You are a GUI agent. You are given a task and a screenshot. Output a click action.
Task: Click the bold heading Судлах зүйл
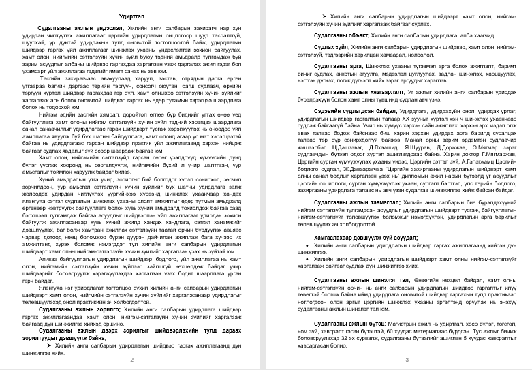pos(326,48)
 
